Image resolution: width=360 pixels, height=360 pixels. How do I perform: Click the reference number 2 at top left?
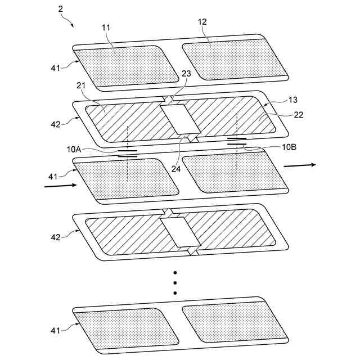60,10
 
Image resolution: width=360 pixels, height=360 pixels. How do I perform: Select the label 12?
202,22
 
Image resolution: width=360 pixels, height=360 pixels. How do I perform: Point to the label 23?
186,73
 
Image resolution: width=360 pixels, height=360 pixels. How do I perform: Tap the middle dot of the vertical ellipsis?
175,283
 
